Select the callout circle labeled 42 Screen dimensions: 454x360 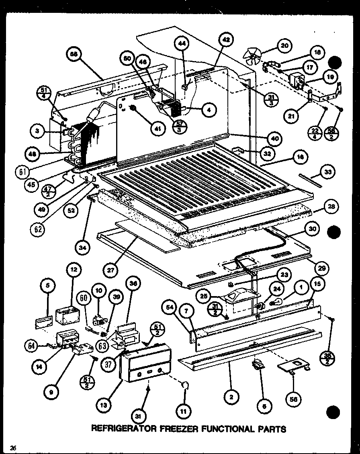(x=226, y=40)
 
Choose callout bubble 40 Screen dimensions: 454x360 (x=275, y=139)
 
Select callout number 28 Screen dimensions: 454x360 (x=331, y=207)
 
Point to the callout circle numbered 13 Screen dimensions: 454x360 (x=104, y=405)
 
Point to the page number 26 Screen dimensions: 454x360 (x=13, y=448)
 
